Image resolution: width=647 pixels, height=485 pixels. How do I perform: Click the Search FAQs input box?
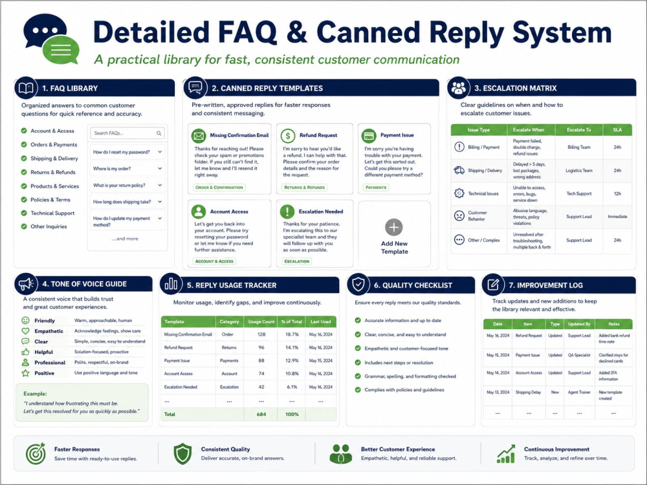click(x=127, y=133)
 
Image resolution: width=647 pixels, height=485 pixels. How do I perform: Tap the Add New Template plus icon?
click(x=394, y=227)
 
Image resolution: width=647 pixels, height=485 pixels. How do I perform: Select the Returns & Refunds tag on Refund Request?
click(x=305, y=188)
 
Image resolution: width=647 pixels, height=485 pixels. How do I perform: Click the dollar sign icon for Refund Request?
click(x=288, y=136)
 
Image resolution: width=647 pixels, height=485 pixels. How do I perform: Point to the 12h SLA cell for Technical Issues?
click(x=617, y=193)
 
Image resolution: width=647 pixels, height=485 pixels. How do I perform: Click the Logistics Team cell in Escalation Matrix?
click(x=579, y=170)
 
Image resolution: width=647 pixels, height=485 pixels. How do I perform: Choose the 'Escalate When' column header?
click(x=529, y=129)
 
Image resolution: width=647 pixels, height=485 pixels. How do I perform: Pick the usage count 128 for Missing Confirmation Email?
click(x=261, y=334)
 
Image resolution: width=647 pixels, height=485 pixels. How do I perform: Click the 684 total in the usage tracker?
click(x=261, y=414)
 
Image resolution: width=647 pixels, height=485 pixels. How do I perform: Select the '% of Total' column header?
click(x=292, y=321)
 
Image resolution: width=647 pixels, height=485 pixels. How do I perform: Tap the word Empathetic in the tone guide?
click(x=49, y=331)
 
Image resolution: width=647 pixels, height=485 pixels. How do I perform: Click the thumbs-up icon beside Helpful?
click(x=26, y=352)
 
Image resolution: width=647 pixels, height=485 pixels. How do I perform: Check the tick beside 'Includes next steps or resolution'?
click(x=358, y=363)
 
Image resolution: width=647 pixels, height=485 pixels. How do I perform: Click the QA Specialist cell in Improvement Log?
click(x=579, y=355)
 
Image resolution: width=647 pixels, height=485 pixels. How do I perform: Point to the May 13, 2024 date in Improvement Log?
click(x=498, y=393)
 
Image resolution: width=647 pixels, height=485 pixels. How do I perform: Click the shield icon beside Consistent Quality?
click(x=182, y=454)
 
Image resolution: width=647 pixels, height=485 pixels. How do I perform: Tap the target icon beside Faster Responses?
click(x=36, y=454)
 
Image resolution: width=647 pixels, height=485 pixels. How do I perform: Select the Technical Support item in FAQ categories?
click(x=52, y=213)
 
